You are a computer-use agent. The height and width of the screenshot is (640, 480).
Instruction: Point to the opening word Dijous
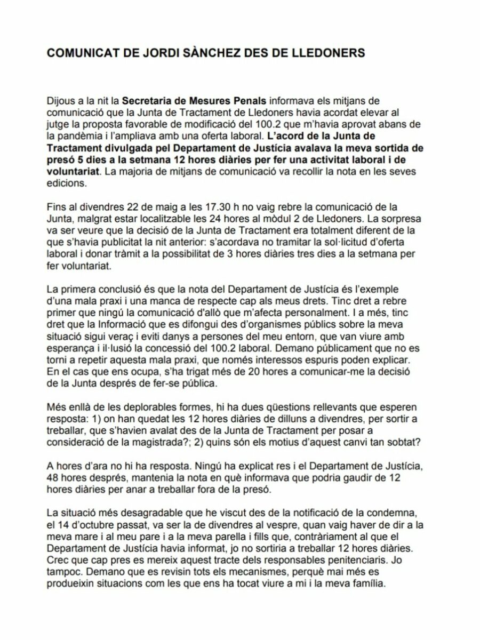click(x=61, y=99)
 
